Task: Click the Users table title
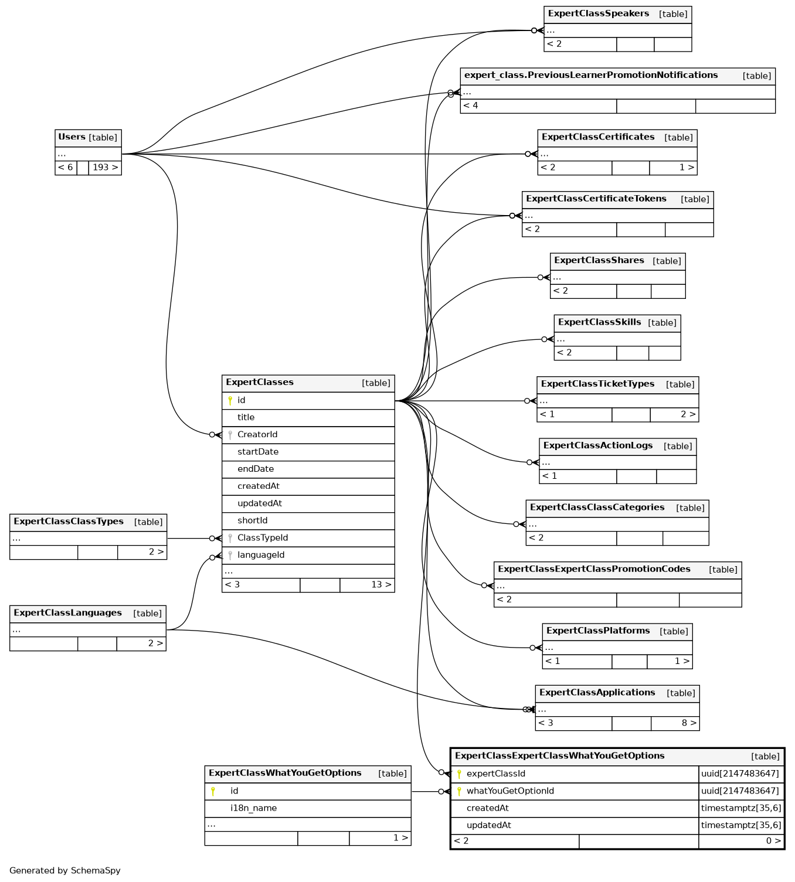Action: click(x=72, y=137)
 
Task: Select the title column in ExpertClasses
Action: click(x=246, y=417)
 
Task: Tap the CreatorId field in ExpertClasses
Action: click(x=257, y=434)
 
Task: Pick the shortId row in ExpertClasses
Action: click(x=252, y=520)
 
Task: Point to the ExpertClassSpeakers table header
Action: click(x=598, y=13)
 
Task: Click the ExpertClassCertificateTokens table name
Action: click(x=596, y=199)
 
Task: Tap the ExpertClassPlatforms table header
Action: click(x=598, y=631)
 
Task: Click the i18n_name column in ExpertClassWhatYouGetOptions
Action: click(x=253, y=808)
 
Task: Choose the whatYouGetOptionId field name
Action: click(x=510, y=791)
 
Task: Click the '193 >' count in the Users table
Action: click(x=105, y=168)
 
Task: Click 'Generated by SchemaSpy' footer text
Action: click(x=65, y=871)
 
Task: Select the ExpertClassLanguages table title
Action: click(x=67, y=613)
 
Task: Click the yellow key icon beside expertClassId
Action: click(x=459, y=774)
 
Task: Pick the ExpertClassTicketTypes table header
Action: click(x=597, y=384)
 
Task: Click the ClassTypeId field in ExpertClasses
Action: click(x=263, y=538)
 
